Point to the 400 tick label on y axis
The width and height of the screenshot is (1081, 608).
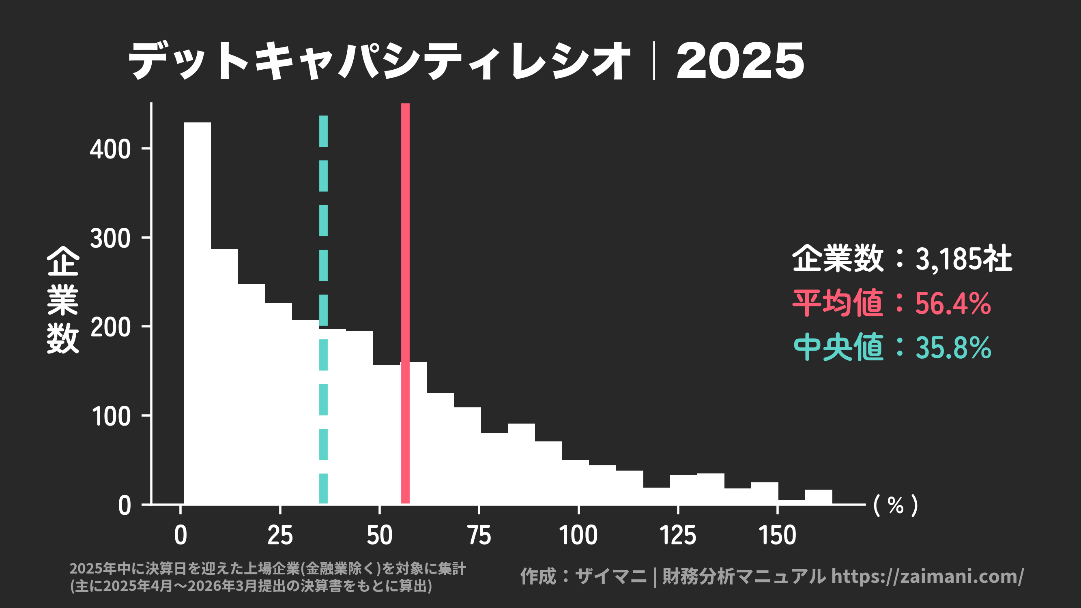[110, 149]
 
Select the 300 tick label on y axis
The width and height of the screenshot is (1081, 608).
[110, 239]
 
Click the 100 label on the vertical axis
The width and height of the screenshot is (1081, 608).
[110, 417]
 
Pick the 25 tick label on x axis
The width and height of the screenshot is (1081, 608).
[280, 535]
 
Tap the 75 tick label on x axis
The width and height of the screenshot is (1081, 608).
[479, 535]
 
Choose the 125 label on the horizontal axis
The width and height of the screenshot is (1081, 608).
[678, 535]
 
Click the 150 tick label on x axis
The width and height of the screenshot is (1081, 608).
[777, 535]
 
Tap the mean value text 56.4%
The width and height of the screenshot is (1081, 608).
[952, 304]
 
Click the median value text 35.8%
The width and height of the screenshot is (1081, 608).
[952, 348]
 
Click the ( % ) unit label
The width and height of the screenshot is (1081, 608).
[896, 505]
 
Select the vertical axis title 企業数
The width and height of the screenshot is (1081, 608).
[63, 300]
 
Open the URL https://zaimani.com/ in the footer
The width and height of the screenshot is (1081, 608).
[927, 576]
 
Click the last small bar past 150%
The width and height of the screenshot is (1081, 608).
[818, 497]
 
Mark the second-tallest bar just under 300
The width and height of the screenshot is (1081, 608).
[224, 377]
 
